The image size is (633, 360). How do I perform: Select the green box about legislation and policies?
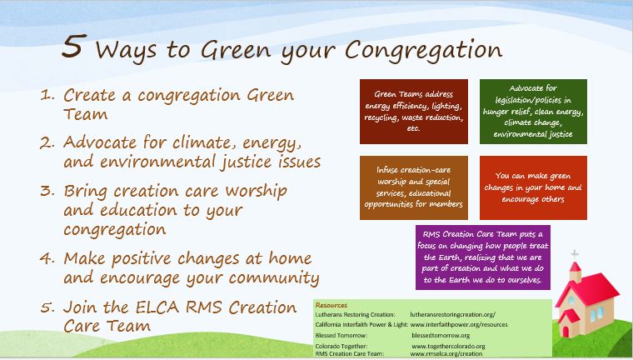533,112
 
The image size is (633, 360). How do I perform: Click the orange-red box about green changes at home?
533,182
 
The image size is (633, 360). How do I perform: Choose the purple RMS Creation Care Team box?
484,256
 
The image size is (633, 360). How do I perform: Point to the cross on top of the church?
574,254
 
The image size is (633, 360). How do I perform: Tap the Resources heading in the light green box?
331,304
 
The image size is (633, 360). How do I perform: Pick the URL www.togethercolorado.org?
448,345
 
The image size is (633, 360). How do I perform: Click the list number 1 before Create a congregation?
48,96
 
